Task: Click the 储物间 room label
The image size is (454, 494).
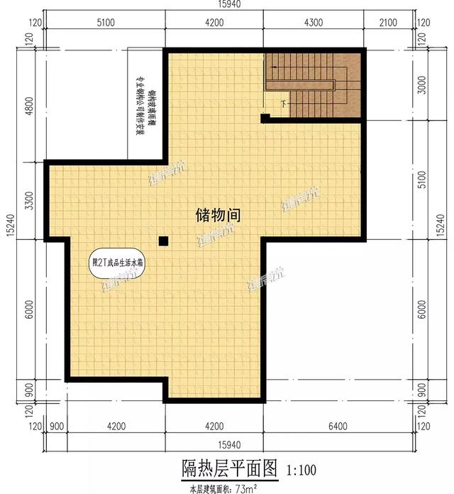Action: click(218, 215)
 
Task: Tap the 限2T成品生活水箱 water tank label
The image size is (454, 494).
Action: click(118, 262)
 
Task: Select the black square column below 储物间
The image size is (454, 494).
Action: click(164, 241)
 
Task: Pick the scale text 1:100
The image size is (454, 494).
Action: click(301, 470)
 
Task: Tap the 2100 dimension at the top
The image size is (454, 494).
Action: click(389, 24)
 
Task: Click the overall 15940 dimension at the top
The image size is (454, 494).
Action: click(226, 6)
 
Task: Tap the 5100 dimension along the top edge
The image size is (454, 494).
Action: click(105, 24)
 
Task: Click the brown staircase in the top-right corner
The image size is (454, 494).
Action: click(312, 82)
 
